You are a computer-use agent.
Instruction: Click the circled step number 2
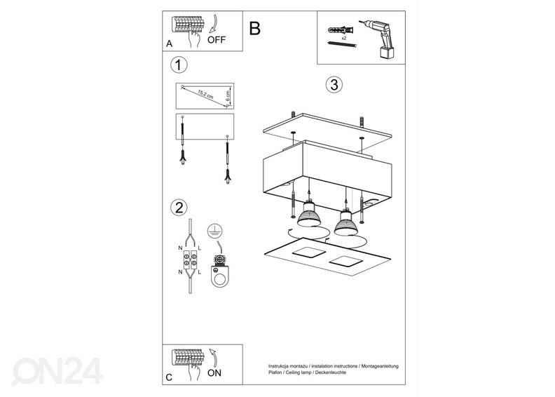coord(179,207)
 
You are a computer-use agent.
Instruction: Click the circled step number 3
coord(334,85)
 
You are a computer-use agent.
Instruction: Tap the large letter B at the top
coord(254,29)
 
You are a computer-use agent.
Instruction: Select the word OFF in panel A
coord(217,40)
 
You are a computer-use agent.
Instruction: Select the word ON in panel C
coord(214,372)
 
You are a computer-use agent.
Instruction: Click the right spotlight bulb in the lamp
coord(345,222)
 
